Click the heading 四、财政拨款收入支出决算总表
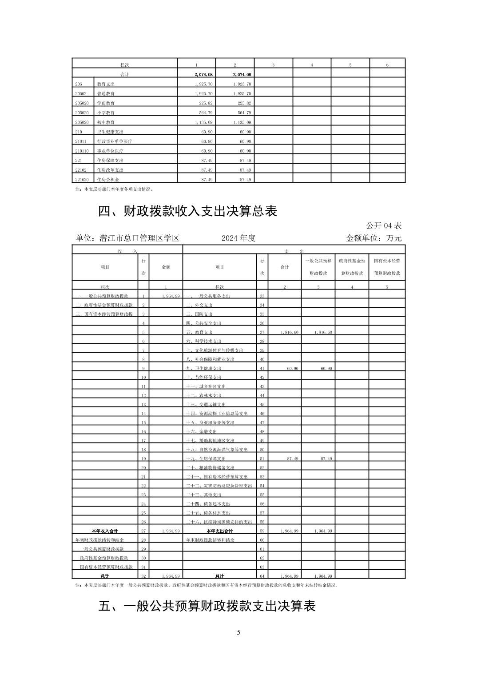pos(187,211)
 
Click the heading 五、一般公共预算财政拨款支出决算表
pos(207,606)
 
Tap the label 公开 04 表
pos(384,225)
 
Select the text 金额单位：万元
pos(374,238)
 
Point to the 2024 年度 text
pos(238,238)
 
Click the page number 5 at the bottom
pos(238,632)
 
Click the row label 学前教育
pos(106,103)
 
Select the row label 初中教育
pos(106,122)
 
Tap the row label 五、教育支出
pos(199,332)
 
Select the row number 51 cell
pos(262,459)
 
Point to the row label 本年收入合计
pos(105,531)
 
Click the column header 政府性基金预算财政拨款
pos(352,267)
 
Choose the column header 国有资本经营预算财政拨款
pos(387,267)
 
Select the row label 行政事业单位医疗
pos(114,141)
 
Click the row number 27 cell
pos(143,531)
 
